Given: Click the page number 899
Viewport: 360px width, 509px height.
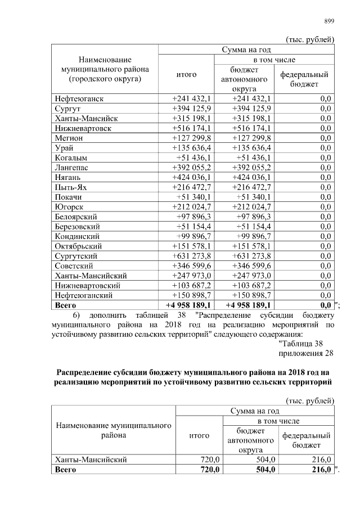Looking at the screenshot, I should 329,21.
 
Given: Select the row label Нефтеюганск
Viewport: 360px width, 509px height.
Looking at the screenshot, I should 79,99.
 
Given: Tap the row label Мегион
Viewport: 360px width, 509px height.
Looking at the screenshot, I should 69,138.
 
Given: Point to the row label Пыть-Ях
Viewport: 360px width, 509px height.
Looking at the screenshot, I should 71,187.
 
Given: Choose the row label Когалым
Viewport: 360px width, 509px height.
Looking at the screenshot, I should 71,157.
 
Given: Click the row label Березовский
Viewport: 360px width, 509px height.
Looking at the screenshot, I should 78,226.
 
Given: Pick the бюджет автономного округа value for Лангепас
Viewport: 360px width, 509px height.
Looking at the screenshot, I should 251,168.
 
